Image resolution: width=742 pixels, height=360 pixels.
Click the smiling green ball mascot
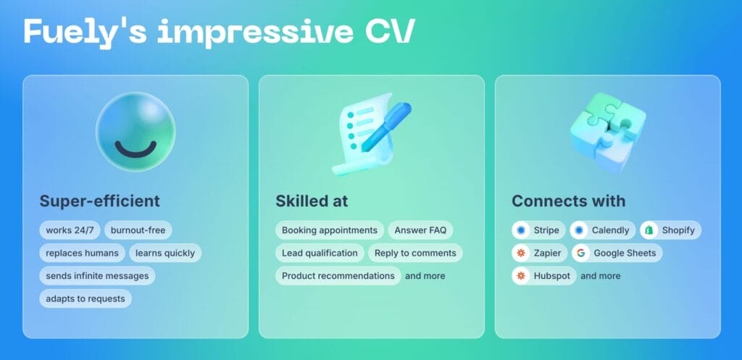tap(136, 132)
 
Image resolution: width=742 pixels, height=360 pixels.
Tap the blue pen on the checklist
tap(386, 126)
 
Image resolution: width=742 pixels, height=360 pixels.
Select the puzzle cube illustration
tap(608, 132)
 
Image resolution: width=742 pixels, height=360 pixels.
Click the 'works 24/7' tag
tap(70, 230)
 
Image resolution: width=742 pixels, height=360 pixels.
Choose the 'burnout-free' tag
tap(138, 230)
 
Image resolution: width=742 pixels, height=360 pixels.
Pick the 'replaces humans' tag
tap(83, 253)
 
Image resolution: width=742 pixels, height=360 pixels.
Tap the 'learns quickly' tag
tap(165, 253)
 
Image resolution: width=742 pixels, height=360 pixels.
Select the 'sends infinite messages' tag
tap(97, 276)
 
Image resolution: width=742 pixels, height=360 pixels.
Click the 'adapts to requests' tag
tap(86, 298)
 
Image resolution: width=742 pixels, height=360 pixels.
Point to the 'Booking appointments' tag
tap(330, 230)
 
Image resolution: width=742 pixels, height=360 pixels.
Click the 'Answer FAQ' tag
tap(421, 230)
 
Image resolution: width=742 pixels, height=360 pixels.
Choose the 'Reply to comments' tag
tap(415, 253)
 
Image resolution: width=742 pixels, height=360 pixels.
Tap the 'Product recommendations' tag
tap(338, 276)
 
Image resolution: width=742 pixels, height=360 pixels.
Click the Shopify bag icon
tap(649, 230)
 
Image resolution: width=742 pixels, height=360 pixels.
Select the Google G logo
tap(580, 253)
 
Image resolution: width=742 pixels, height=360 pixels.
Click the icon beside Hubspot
tap(521, 276)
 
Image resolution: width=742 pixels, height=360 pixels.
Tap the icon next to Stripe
tap(521, 230)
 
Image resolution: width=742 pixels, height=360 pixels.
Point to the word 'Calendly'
tap(610, 230)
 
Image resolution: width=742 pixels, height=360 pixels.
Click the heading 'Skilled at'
tap(312, 201)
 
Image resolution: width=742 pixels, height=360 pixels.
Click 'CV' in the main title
tap(389, 32)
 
